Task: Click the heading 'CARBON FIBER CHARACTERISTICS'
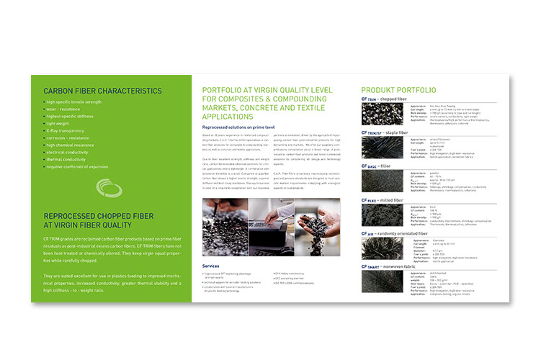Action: (x=102, y=91)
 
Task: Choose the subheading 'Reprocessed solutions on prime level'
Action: (x=236, y=126)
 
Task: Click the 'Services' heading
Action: (x=212, y=266)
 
